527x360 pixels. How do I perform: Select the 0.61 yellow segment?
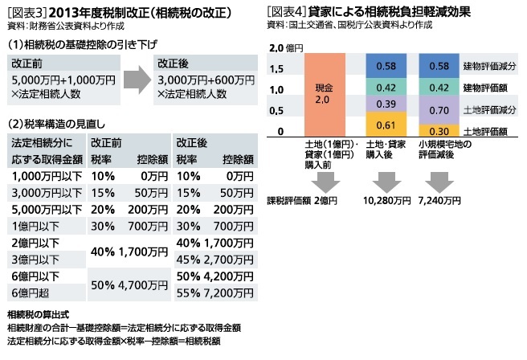(x=385, y=125)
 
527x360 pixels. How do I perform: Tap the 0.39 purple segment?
(x=385, y=104)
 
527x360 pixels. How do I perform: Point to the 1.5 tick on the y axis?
(x=278, y=68)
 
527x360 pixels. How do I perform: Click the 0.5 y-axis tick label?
(x=278, y=111)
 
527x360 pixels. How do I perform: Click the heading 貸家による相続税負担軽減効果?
(x=386, y=11)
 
